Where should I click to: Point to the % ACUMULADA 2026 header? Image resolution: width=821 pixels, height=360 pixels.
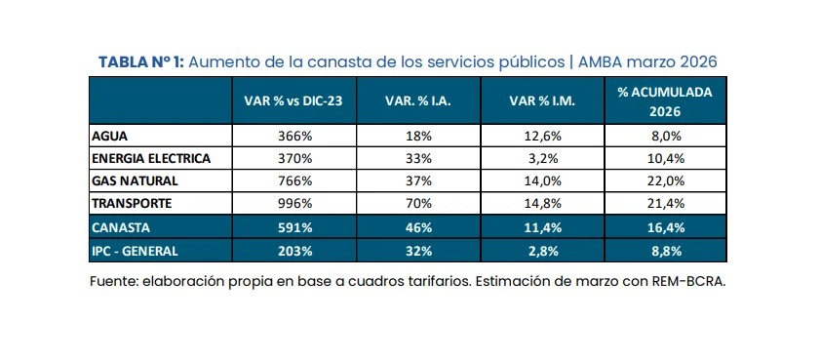pos(664,101)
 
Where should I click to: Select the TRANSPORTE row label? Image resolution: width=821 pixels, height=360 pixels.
pos(132,204)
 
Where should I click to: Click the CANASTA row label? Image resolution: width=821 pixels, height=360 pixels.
pos(122,226)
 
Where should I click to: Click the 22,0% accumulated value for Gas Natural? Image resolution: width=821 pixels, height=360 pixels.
pos(665,181)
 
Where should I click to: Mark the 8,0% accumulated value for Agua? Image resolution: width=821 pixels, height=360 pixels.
pos(665,137)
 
